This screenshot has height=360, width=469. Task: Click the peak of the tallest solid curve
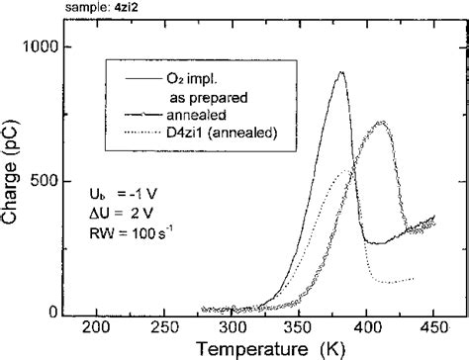340,72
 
